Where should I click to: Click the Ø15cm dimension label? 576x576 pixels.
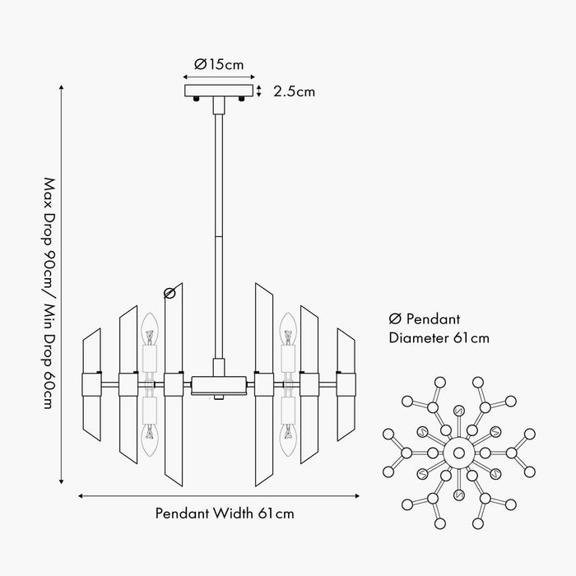click(x=219, y=64)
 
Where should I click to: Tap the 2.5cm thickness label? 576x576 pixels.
click(x=294, y=91)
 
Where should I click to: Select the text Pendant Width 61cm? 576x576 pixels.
click(x=225, y=513)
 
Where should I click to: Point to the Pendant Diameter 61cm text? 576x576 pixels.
click(x=439, y=328)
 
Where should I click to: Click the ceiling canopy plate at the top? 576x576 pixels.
click(x=219, y=91)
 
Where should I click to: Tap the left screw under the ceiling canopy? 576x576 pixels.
click(x=197, y=99)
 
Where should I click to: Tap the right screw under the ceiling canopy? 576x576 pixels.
click(x=241, y=99)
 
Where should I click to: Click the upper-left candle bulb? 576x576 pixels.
click(x=150, y=329)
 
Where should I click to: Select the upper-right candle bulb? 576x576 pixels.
click(x=288, y=329)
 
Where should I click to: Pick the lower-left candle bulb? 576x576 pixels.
click(x=150, y=440)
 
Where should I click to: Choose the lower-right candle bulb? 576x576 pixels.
click(x=288, y=440)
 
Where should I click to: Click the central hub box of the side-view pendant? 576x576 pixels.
click(x=219, y=385)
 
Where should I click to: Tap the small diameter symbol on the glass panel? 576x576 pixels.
click(x=170, y=293)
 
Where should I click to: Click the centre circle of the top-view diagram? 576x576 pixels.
click(x=459, y=453)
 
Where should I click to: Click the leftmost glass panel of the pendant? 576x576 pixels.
click(x=91, y=384)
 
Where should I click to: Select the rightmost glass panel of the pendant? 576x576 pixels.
click(x=346, y=384)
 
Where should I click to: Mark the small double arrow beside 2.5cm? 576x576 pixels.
click(x=259, y=91)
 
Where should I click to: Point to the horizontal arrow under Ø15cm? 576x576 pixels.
click(x=219, y=77)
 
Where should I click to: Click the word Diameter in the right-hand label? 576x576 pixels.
click(x=418, y=338)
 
